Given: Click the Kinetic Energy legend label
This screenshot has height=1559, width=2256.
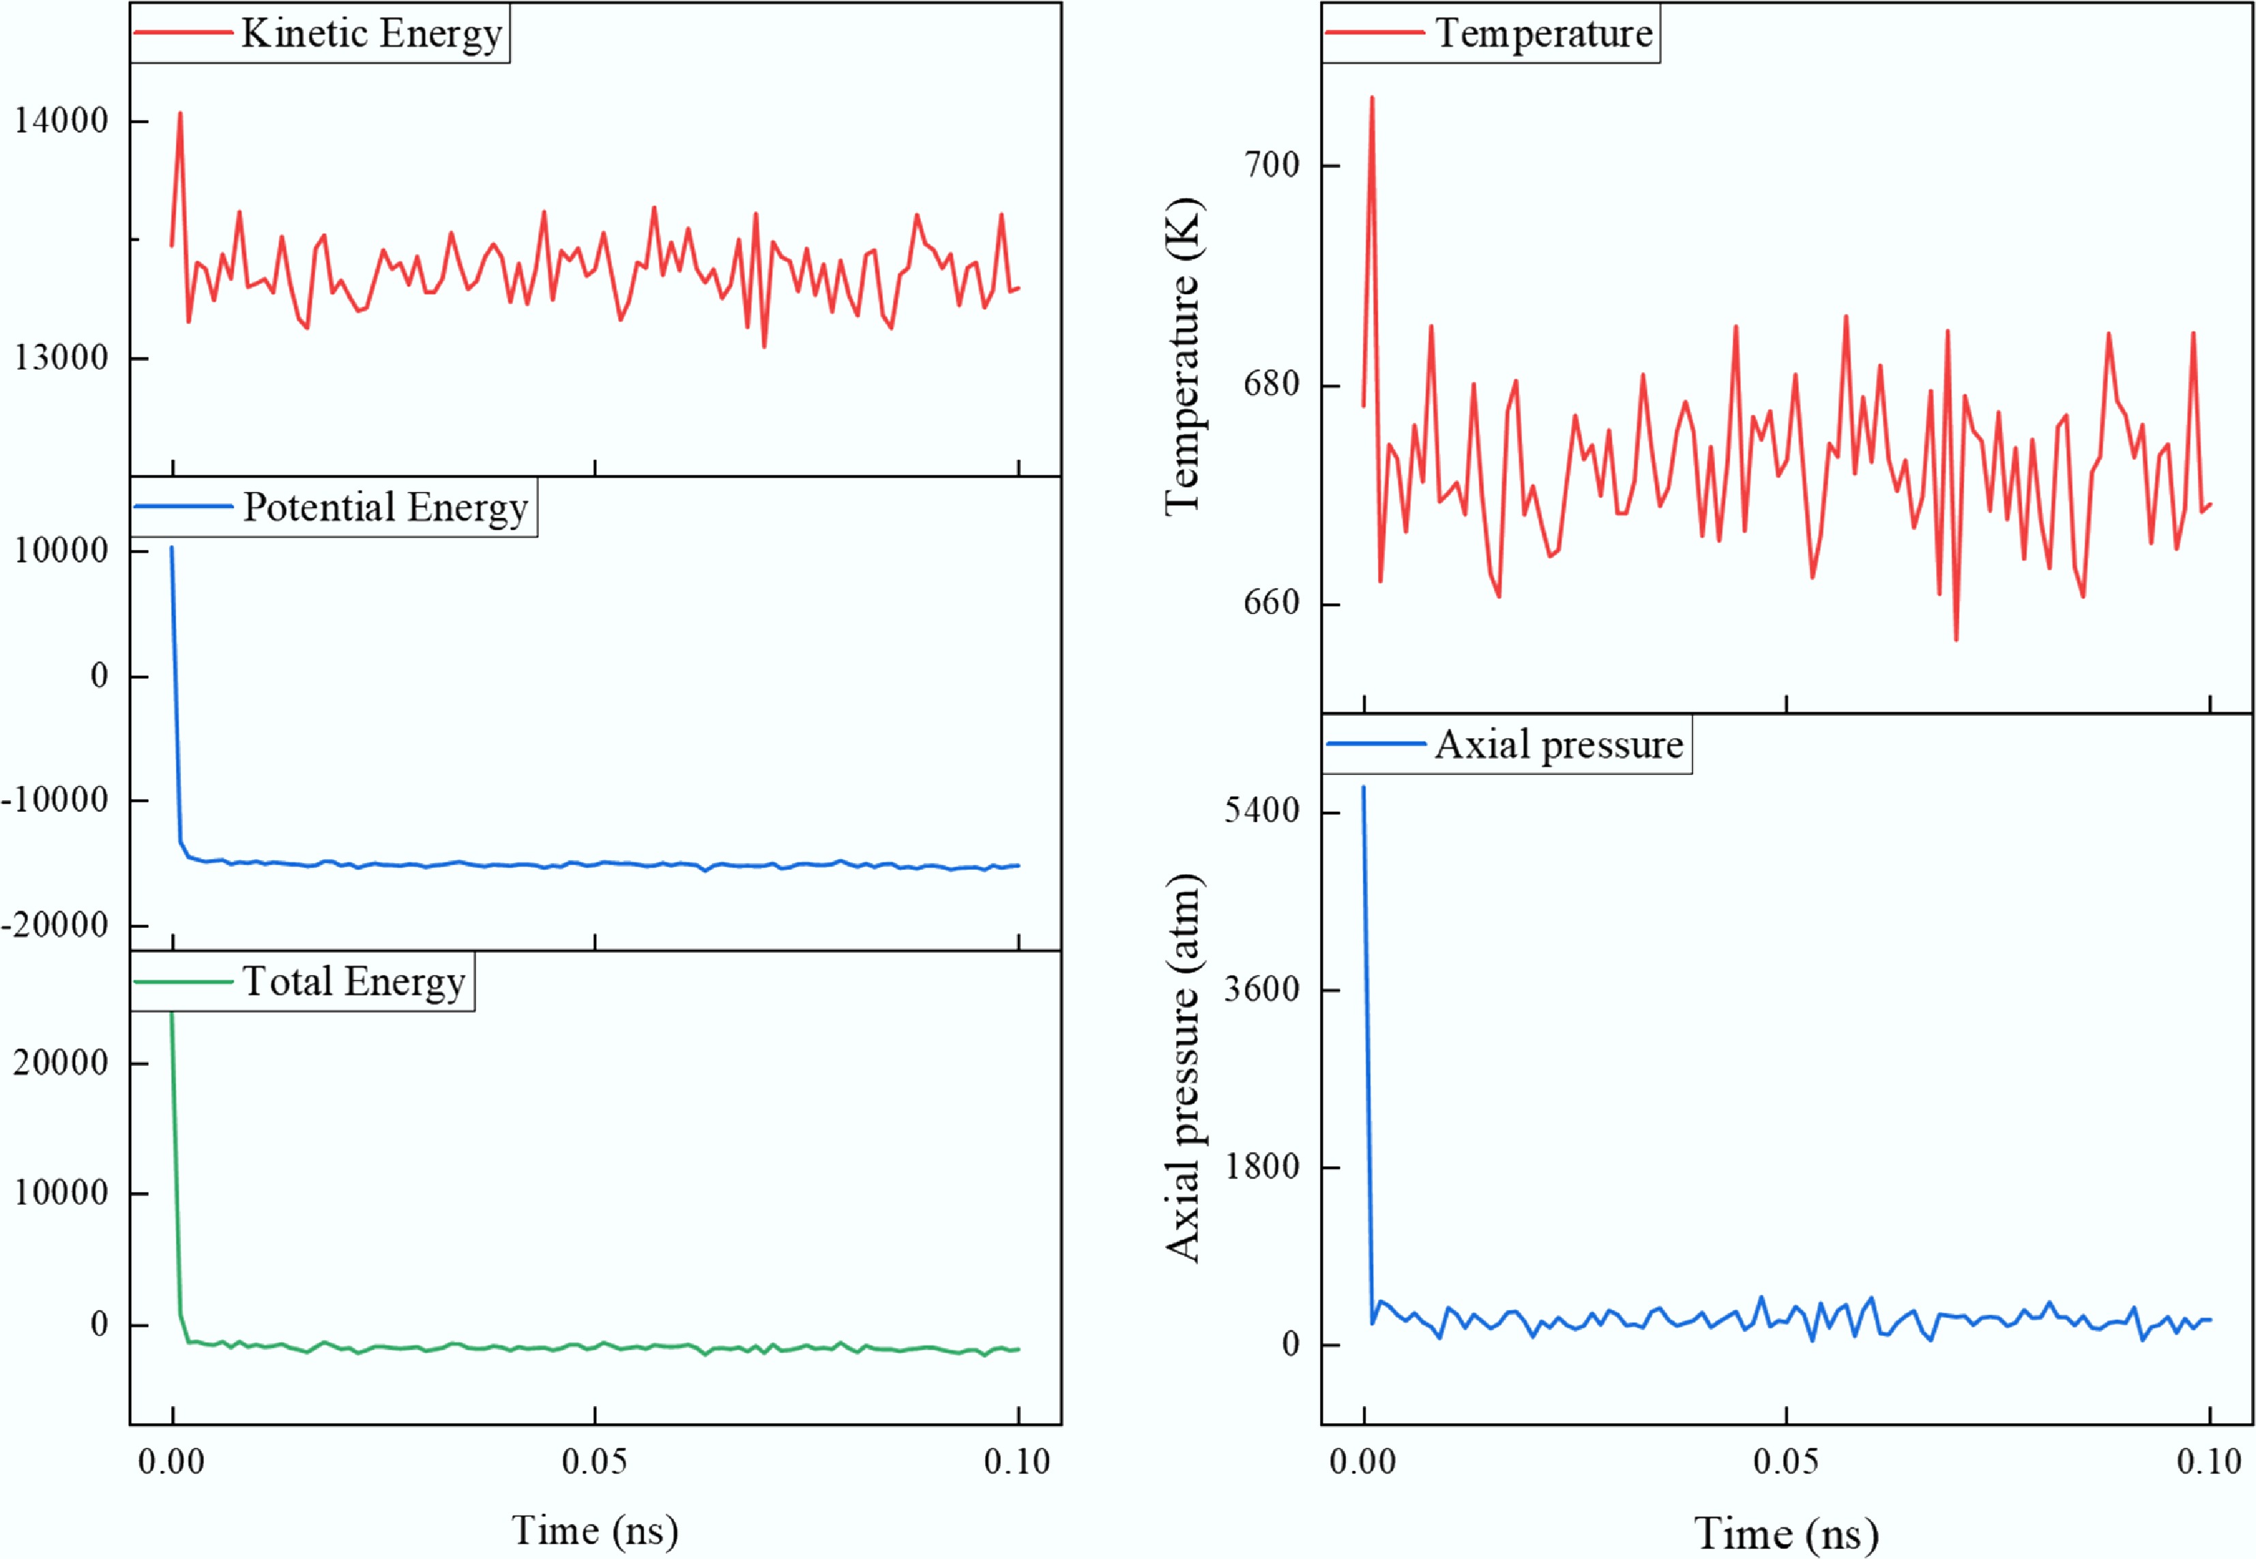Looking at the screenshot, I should click(371, 33).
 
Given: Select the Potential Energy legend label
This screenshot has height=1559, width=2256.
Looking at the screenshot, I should click(385, 507).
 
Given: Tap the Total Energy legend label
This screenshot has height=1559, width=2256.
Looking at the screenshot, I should click(353, 982).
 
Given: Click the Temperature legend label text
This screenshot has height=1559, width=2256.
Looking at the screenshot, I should click(1543, 33).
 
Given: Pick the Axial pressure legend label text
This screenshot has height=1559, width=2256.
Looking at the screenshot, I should click(1559, 745).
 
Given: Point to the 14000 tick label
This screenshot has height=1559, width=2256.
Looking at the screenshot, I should click(61, 121).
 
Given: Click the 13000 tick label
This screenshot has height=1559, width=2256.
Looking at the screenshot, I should click(61, 358).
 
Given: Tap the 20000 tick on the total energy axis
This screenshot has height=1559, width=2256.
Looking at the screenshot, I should click(61, 1063).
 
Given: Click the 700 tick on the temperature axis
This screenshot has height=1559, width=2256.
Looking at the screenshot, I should click(1272, 165).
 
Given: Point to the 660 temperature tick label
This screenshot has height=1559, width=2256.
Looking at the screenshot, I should click(1272, 602).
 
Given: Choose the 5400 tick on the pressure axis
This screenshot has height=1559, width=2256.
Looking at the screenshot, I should click(1262, 811).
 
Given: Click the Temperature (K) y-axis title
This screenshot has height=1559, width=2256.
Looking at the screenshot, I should click(1183, 357).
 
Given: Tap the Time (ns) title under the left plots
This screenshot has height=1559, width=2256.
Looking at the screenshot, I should click(595, 1530).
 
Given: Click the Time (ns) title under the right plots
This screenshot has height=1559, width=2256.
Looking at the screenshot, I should click(1786, 1532).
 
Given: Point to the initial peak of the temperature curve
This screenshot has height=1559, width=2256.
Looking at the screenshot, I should click(1371, 98).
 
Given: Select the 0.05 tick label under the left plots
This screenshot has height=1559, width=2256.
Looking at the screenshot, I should click(595, 1461).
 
